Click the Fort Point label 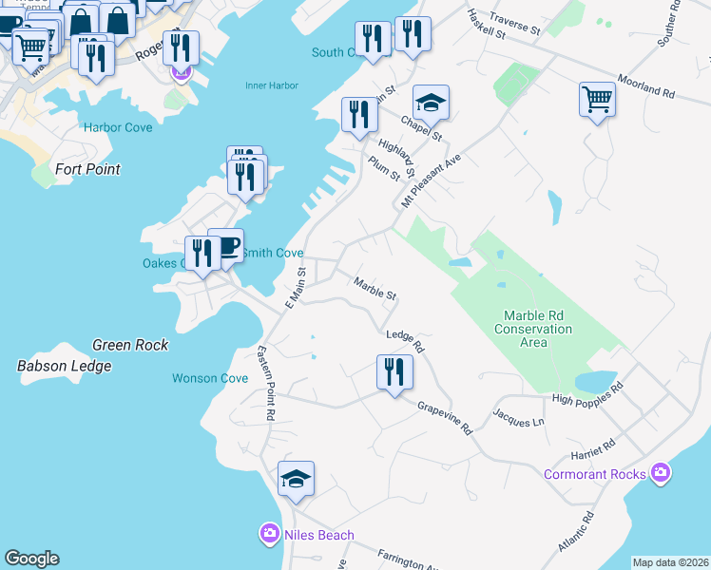point(87,169)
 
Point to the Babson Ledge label point(65,366)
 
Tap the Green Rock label point(130,345)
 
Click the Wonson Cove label point(210,378)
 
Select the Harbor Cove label point(118,126)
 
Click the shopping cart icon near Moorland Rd point(597,98)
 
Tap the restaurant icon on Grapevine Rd point(394,370)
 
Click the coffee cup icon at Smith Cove point(226,245)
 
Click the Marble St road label point(375,288)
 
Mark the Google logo point(31,559)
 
